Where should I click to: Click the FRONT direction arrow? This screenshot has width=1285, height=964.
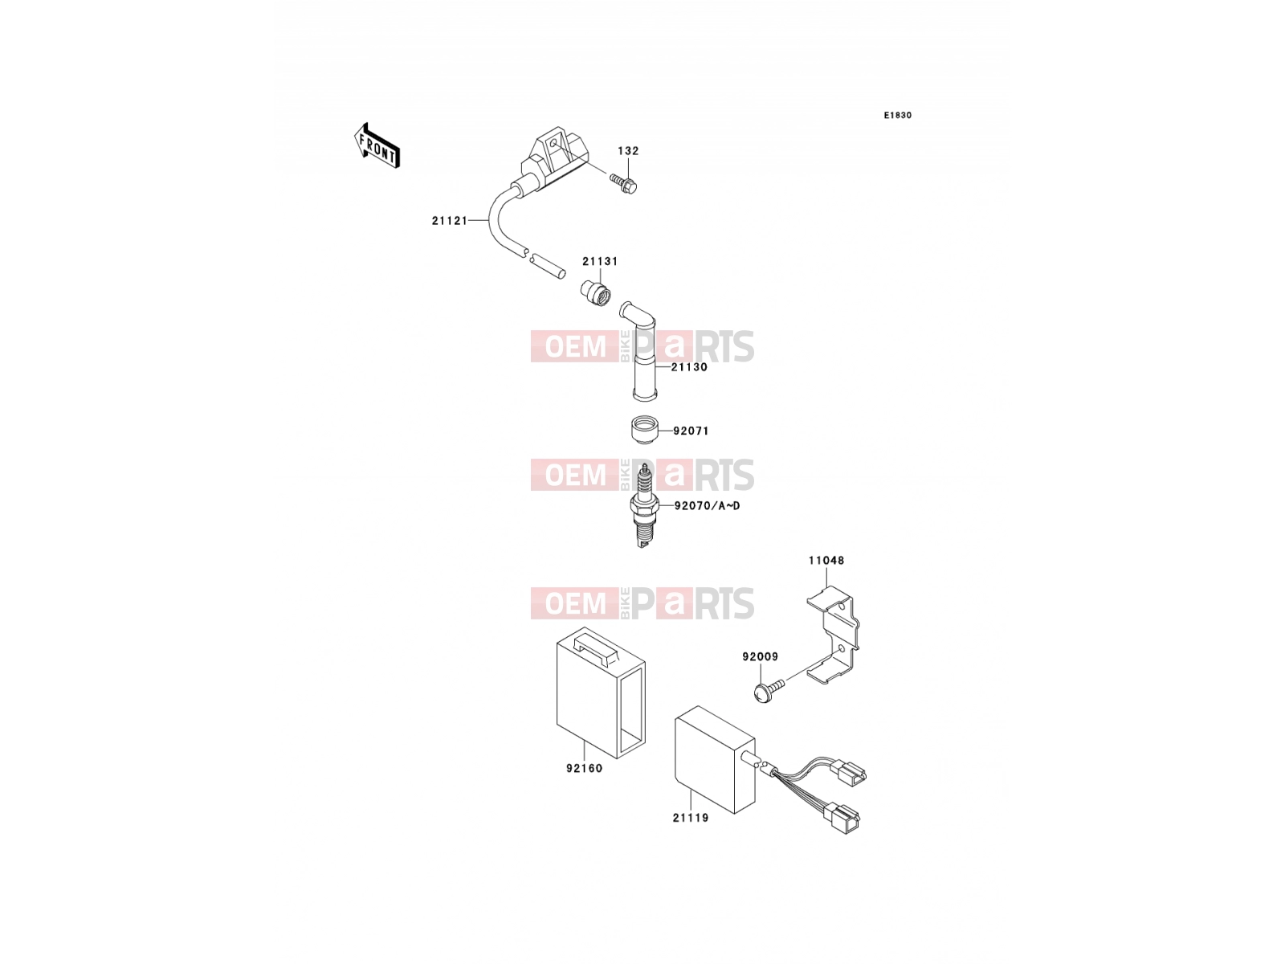(x=377, y=145)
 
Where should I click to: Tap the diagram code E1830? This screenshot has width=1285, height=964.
(x=897, y=116)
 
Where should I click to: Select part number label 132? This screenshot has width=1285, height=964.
(x=628, y=151)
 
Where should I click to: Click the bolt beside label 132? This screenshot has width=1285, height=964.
(x=623, y=183)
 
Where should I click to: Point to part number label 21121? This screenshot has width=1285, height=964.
(x=450, y=221)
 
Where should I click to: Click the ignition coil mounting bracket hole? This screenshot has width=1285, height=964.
(x=554, y=142)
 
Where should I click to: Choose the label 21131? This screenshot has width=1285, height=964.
(x=600, y=261)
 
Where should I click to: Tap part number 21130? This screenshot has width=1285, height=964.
(x=689, y=367)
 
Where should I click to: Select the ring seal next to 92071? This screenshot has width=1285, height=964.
(x=644, y=430)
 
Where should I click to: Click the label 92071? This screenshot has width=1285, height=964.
(x=691, y=431)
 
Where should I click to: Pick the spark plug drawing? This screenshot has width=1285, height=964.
(x=645, y=505)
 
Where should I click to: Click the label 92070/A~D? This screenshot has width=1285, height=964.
(x=708, y=506)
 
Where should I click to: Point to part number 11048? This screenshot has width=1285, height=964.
(x=826, y=560)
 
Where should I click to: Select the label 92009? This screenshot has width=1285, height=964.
(x=760, y=656)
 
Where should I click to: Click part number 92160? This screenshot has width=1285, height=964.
(x=584, y=768)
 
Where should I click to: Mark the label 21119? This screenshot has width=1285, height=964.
(x=690, y=818)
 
